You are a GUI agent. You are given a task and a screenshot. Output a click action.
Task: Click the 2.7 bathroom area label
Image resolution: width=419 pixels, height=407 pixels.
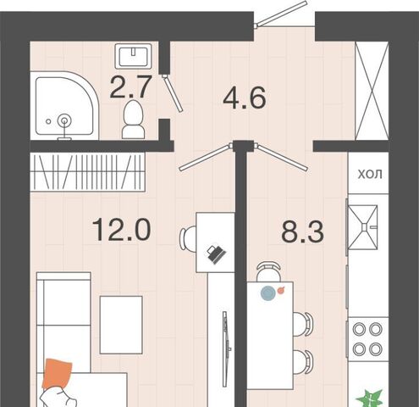point(130,87)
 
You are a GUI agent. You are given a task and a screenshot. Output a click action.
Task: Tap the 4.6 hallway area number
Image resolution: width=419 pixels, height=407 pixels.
point(245,98)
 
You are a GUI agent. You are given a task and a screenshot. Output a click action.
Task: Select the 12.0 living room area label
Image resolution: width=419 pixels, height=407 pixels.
point(122,230)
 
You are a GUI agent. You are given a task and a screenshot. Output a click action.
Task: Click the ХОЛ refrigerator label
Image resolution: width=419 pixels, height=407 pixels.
point(370,175)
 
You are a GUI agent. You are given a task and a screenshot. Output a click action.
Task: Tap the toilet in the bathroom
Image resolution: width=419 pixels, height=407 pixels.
point(133,120)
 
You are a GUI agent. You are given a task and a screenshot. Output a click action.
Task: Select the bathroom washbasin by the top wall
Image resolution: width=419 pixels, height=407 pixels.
point(133,56)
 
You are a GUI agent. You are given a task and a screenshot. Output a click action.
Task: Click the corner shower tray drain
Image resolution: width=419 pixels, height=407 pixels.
point(64,121)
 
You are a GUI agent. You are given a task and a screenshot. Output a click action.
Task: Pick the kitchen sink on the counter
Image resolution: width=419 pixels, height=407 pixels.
point(363,227)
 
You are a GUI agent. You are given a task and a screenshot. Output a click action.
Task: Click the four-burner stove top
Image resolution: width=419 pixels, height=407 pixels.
point(367,339)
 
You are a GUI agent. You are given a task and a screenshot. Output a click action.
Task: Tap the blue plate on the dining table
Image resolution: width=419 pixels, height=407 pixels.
point(268,293)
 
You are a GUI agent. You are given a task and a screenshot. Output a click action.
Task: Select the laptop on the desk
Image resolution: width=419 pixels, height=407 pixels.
point(216,254)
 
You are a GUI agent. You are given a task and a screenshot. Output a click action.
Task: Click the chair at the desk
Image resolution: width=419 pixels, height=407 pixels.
point(188,238)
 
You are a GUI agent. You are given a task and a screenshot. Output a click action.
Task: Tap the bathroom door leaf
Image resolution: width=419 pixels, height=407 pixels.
point(173,92)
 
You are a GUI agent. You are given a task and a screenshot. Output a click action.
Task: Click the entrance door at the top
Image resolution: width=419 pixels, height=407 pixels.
point(280,14)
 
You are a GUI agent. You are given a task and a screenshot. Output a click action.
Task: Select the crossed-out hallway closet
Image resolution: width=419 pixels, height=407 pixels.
point(372,91)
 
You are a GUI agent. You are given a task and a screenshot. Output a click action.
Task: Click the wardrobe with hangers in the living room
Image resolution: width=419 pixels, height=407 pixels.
point(88,172)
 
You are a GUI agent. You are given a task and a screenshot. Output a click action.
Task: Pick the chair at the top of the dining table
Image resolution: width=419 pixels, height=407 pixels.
point(268,271)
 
